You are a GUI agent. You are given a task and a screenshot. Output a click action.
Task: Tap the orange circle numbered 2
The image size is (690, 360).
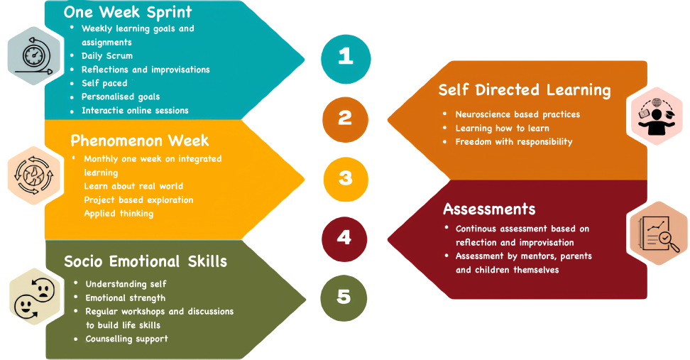345,118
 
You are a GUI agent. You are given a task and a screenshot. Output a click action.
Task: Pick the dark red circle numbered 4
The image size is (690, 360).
344,237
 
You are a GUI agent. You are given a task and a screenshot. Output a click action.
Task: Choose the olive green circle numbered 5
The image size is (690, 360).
344,296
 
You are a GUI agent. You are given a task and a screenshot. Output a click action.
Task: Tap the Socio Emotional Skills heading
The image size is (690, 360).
146,261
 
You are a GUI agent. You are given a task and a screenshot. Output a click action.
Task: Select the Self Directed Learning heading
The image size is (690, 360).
525,90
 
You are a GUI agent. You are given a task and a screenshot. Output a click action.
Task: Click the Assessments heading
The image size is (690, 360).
489,209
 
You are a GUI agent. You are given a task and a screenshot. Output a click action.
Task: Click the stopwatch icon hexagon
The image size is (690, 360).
31,55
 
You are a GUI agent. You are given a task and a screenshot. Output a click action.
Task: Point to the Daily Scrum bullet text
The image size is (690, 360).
106,55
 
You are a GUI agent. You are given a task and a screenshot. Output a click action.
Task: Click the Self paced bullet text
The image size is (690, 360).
104,83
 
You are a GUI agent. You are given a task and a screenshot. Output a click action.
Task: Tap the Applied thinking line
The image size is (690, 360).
118,213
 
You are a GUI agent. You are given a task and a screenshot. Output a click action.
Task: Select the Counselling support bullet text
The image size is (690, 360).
126,339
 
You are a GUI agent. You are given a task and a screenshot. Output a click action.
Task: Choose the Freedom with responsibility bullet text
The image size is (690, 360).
513,141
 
